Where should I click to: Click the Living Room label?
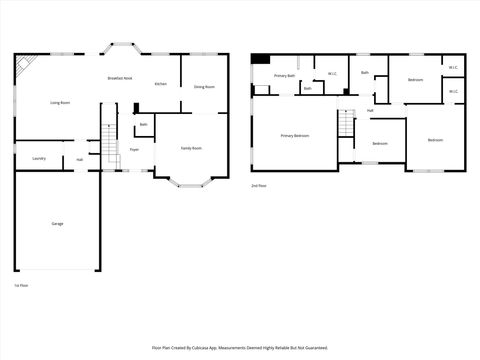tap(59, 103)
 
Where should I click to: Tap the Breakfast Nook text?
tap(122, 78)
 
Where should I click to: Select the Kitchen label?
tap(160, 84)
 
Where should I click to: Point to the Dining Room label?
tap(204, 87)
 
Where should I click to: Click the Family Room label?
tap(190, 148)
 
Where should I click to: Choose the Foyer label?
tap(134, 150)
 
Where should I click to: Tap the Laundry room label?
tap(39, 158)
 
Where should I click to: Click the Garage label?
tap(57, 223)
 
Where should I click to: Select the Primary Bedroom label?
tap(294, 135)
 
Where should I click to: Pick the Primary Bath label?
tap(284, 75)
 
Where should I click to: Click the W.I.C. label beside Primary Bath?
tap(332, 74)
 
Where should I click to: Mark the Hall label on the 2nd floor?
tap(370, 110)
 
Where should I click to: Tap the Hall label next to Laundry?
tap(79, 159)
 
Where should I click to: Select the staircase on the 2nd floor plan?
tap(346, 125)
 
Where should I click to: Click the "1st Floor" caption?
tap(21, 285)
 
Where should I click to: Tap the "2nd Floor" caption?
tap(259, 185)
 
